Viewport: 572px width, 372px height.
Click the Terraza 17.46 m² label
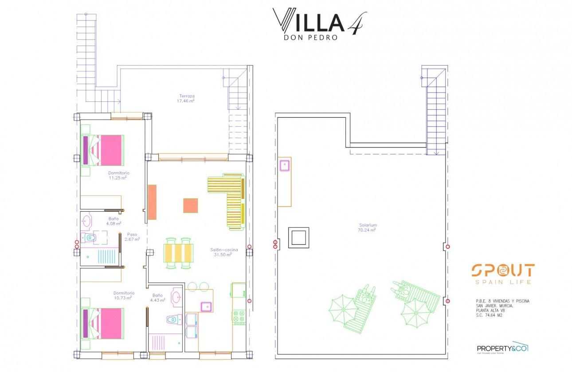point(187,98)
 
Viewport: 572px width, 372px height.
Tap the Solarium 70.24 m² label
point(368,228)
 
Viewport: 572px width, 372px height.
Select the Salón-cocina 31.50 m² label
point(220,252)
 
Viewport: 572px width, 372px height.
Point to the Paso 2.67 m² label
point(132,237)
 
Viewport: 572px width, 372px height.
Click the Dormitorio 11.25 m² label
point(118,175)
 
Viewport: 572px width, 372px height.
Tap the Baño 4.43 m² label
point(158,298)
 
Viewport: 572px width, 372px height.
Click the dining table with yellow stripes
point(179,253)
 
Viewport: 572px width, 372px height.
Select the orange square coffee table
point(191,205)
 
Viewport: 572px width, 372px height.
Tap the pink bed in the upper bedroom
point(103,150)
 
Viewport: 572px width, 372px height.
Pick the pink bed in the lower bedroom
point(103,323)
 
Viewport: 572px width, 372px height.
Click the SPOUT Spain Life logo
point(502,274)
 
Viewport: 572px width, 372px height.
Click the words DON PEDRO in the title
point(310,38)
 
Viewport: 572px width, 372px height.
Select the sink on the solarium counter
point(284,166)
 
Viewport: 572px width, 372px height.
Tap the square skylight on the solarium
point(298,238)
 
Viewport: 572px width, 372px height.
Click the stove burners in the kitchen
point(239,318)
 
